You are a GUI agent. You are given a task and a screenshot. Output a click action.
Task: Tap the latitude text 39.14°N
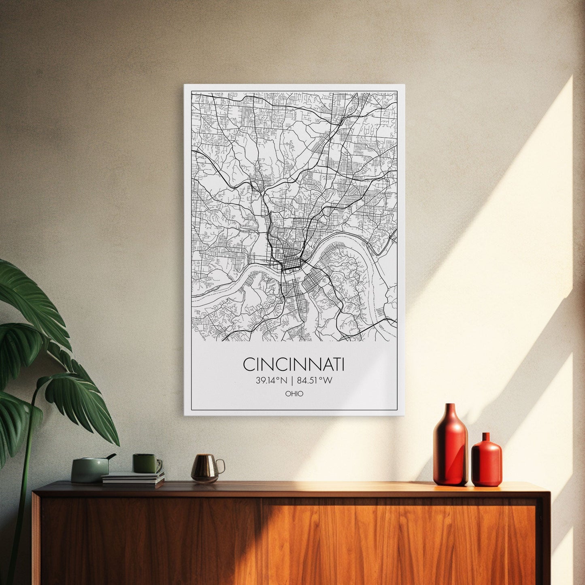(270, 381)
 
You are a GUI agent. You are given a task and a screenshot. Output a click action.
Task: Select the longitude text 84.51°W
(315, 381)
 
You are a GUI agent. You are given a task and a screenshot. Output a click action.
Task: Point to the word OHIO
(294, 394)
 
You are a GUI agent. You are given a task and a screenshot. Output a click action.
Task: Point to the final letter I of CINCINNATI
(342, 364)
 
